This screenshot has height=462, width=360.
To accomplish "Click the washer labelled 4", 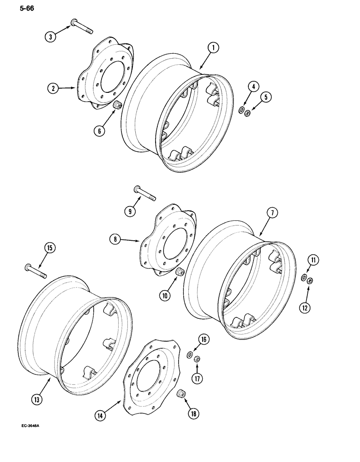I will (x=241, y=110).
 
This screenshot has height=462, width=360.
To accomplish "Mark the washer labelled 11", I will (x=303, y=278).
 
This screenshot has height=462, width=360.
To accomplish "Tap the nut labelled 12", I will (x=311, y=280).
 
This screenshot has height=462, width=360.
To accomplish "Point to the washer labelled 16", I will (x=190, y=355).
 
